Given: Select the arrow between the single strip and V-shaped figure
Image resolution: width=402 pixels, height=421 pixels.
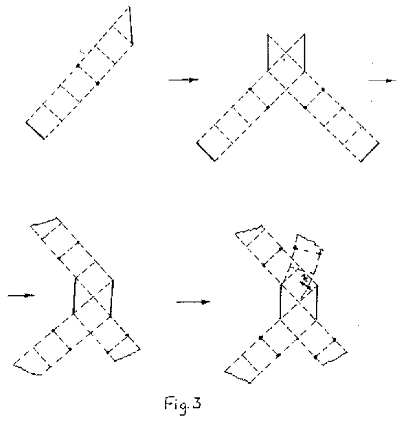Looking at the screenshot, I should point(183,80).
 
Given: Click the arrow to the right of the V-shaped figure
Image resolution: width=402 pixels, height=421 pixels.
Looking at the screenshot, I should point(382,81).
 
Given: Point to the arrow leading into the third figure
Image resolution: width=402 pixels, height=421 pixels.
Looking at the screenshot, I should point(21,296).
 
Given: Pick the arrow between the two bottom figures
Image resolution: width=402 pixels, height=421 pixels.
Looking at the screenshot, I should point(193,301).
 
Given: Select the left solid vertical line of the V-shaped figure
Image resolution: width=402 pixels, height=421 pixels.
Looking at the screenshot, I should point(267,52).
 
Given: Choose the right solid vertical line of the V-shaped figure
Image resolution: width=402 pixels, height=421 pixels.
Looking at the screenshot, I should point(304,52).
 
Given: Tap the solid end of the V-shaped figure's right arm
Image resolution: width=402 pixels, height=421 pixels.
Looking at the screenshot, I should point(370,152).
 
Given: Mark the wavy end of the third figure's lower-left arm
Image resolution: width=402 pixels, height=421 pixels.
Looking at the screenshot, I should point(27,369).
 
